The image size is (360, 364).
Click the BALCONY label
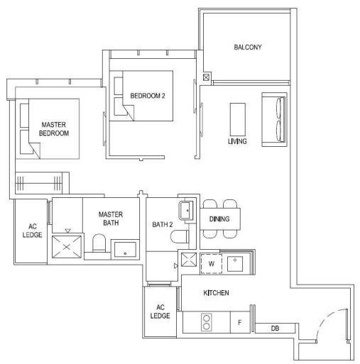click(248, 47)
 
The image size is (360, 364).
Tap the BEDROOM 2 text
click(148, 96)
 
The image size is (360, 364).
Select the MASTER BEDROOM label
click(54, 129)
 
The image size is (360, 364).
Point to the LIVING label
click(237, 141)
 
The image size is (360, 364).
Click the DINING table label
click(219, 219)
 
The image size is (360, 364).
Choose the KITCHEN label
click(216, 293)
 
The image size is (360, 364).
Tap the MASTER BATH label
click(111, 219)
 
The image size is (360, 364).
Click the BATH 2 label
click(163, 224)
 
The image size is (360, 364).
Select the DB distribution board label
click(275, 328)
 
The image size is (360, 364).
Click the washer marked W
click(212, 263)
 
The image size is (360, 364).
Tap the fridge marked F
click(240, 322)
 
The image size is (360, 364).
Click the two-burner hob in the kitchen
click(207, 322)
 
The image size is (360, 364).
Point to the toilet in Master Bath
click(99, 243)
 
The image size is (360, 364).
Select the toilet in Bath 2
click(180, 236)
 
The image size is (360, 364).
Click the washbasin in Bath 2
click(186, 211)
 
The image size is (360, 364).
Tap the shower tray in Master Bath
click(67, 247)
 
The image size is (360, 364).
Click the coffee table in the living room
click(238, 119)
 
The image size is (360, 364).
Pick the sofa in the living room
click(274, 119)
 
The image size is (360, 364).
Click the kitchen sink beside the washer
click(235, 264)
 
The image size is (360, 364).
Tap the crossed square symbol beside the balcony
click(206, 77)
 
